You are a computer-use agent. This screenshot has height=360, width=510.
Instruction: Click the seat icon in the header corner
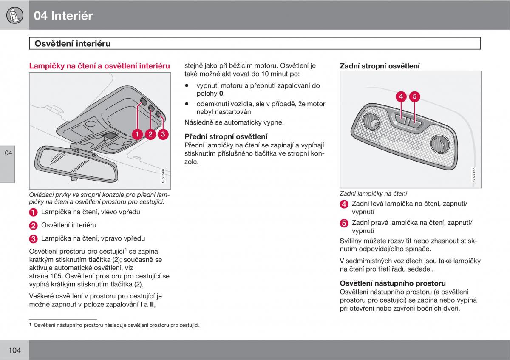click(14, 15)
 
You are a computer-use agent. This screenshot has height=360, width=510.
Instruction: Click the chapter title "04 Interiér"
click(63, 16)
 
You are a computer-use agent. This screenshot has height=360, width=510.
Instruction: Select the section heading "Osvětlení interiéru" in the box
click(73, 43)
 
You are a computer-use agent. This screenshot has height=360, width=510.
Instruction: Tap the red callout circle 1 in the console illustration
click(137, 134)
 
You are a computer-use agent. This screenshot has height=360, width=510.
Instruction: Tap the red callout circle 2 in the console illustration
click(150, 134)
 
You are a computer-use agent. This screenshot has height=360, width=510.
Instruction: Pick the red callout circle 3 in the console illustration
click(163, 134)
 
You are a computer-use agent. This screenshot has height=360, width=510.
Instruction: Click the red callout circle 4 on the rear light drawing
click(401, 96)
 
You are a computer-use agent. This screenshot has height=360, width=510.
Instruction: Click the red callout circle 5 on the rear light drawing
click(415, 96)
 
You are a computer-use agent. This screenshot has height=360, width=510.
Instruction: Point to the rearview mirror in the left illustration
click(76, 163)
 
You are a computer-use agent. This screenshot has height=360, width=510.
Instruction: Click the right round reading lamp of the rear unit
click(440, 144)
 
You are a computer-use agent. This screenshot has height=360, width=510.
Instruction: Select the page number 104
click(14, 350)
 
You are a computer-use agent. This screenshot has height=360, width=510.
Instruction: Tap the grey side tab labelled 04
click(8, 164)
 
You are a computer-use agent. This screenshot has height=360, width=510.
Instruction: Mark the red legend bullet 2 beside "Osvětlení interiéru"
click(33, 226)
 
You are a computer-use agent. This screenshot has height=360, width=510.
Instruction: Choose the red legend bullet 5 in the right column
click(344, 223)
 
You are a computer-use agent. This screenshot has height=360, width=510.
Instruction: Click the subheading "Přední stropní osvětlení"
click(226, 136)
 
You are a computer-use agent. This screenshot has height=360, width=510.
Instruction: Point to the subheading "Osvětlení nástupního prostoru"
click(393, 283)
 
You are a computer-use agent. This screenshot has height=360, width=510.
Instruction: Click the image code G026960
click(163, 176)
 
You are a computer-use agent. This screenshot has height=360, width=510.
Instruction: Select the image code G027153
click(474, 175)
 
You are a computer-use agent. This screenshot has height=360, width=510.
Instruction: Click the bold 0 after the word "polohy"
click(221, 94)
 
